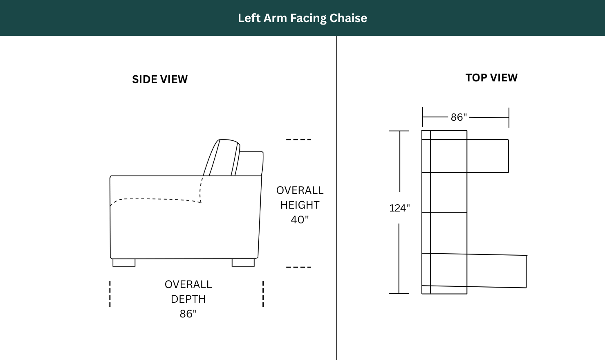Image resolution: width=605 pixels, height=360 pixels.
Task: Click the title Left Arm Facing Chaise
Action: pos(302,18)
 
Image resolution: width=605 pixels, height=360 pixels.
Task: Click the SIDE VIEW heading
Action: pos(160,79)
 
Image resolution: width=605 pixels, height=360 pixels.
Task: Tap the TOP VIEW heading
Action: pos(491,78)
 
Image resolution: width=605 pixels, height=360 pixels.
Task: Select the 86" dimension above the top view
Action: pos(459,117)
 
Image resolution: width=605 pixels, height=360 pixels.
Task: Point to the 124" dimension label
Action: pos(399,208)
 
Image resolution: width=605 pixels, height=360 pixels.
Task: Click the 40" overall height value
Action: pos(300,219)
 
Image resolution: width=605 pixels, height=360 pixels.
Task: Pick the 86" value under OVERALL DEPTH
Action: pos(188,313)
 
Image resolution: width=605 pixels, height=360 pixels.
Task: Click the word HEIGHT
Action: pos(300,205)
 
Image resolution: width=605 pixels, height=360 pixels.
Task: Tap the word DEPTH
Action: pos(188,299)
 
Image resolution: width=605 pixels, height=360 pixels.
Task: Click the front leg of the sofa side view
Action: pos(124,263)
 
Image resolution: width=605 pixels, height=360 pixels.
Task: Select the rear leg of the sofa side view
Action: pos(243,263)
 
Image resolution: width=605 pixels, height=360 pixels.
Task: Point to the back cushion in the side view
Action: pos(222,157)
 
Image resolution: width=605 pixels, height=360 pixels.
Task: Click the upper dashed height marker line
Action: pos(299,139)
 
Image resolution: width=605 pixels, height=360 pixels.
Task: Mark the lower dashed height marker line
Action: pos(299,267)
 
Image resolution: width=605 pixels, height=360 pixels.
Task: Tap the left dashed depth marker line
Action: pos(110,294)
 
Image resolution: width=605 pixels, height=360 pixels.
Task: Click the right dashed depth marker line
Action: pos(263,294)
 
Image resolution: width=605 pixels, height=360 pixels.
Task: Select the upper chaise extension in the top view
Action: pos(488,156)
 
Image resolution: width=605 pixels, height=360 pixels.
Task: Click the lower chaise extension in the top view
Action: pos(497,271)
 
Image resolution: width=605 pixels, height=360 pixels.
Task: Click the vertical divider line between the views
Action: pos(337,198)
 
